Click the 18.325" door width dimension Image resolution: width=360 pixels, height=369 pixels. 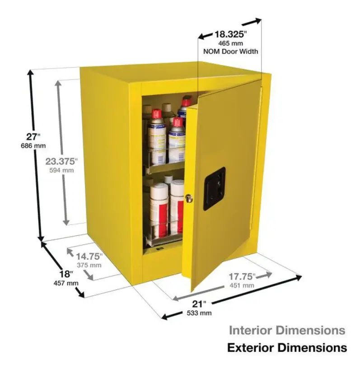[x=231, y=34]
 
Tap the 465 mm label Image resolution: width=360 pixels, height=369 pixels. [x=230, y=43]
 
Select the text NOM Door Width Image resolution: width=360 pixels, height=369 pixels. [x=230, y=51]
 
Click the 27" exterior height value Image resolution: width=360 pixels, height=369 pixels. [x=33, y=136]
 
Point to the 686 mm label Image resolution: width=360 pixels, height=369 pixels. [x=33, y=146]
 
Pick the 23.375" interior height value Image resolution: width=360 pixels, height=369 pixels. [x=61, y=161]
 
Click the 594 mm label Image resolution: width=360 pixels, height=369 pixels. [x=61, y=170]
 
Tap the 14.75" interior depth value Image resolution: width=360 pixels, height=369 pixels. [x=89, y=257]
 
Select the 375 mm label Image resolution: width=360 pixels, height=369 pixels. [x=89, y=265]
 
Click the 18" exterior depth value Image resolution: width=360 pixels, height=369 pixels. [x=66, y=274]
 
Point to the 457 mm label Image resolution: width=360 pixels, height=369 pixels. [x=66, y=283]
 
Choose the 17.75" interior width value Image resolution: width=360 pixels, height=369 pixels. [x=242, y=276]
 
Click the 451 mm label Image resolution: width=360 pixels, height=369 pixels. [x=242, y=285]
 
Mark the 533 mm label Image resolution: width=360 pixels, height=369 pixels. [x=199, y=313]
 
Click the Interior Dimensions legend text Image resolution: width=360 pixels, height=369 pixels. [x=287, y=330]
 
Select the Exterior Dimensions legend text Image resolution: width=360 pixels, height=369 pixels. [x=287, y=348]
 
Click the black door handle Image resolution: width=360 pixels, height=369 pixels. [x=215, y=189]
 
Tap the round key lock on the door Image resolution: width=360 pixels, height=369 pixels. [x=188, y=198]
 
